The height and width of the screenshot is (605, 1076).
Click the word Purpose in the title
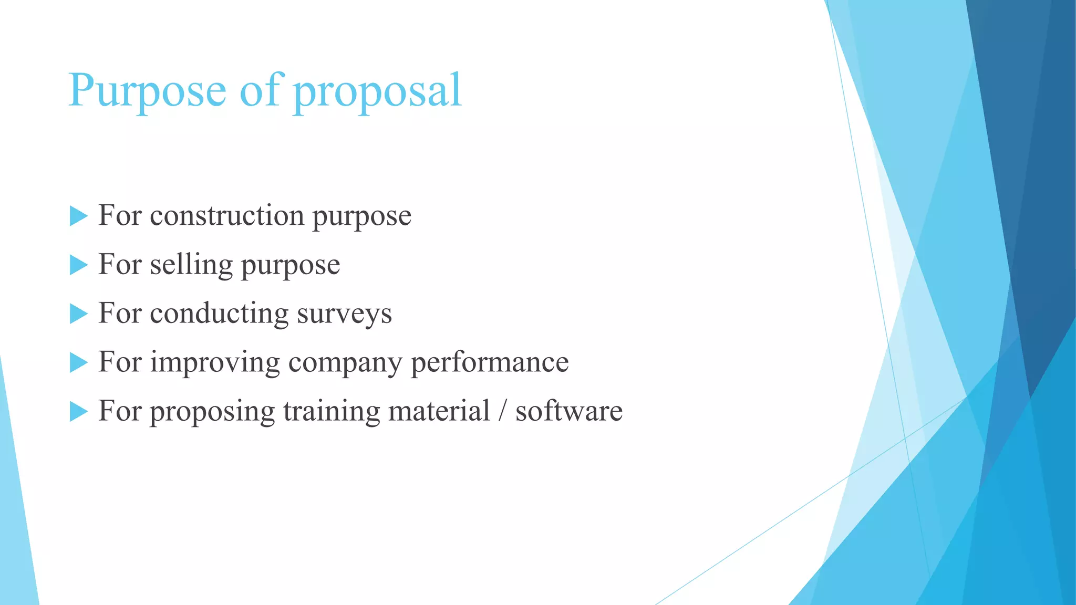[x=147, y=90]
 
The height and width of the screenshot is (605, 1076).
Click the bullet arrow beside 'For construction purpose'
[x=78, y=216]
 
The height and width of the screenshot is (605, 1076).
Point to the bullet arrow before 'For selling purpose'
[x=78, y=265]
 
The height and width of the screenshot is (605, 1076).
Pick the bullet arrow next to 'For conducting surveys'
[x=78, y=314]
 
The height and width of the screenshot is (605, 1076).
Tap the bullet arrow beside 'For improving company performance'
[x=78, y=362]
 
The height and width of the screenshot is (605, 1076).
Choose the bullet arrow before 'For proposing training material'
[x=78, y=411]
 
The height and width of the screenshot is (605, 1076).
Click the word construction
[x=227, y=216]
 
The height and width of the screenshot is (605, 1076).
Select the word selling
[x=191, y=265]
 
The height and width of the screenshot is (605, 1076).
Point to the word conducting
[x=219, y=314]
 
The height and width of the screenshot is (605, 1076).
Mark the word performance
[x=489, y=362]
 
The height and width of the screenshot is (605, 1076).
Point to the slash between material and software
[x=502, y=411]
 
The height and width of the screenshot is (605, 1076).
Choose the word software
[x=568, y=411]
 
